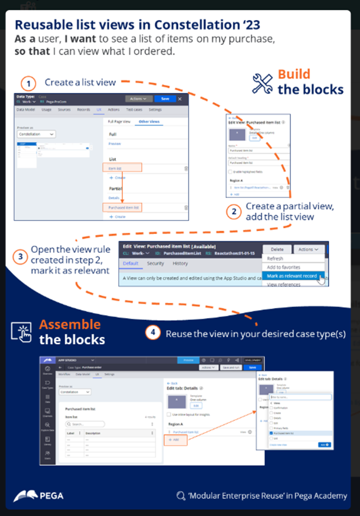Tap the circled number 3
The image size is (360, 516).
20,257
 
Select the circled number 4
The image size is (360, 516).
153,332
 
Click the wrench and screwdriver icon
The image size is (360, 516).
262,83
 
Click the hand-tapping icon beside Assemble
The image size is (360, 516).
21,332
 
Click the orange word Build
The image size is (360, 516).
294,74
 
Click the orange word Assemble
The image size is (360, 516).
70,324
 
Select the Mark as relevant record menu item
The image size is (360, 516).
292,275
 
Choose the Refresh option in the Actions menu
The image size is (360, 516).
275,258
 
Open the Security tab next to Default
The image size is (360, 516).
155,263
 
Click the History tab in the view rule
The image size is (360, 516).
180,263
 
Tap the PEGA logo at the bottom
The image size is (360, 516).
38,495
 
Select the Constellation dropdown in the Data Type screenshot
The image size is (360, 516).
37,135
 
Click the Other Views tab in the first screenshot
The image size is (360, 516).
148,121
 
